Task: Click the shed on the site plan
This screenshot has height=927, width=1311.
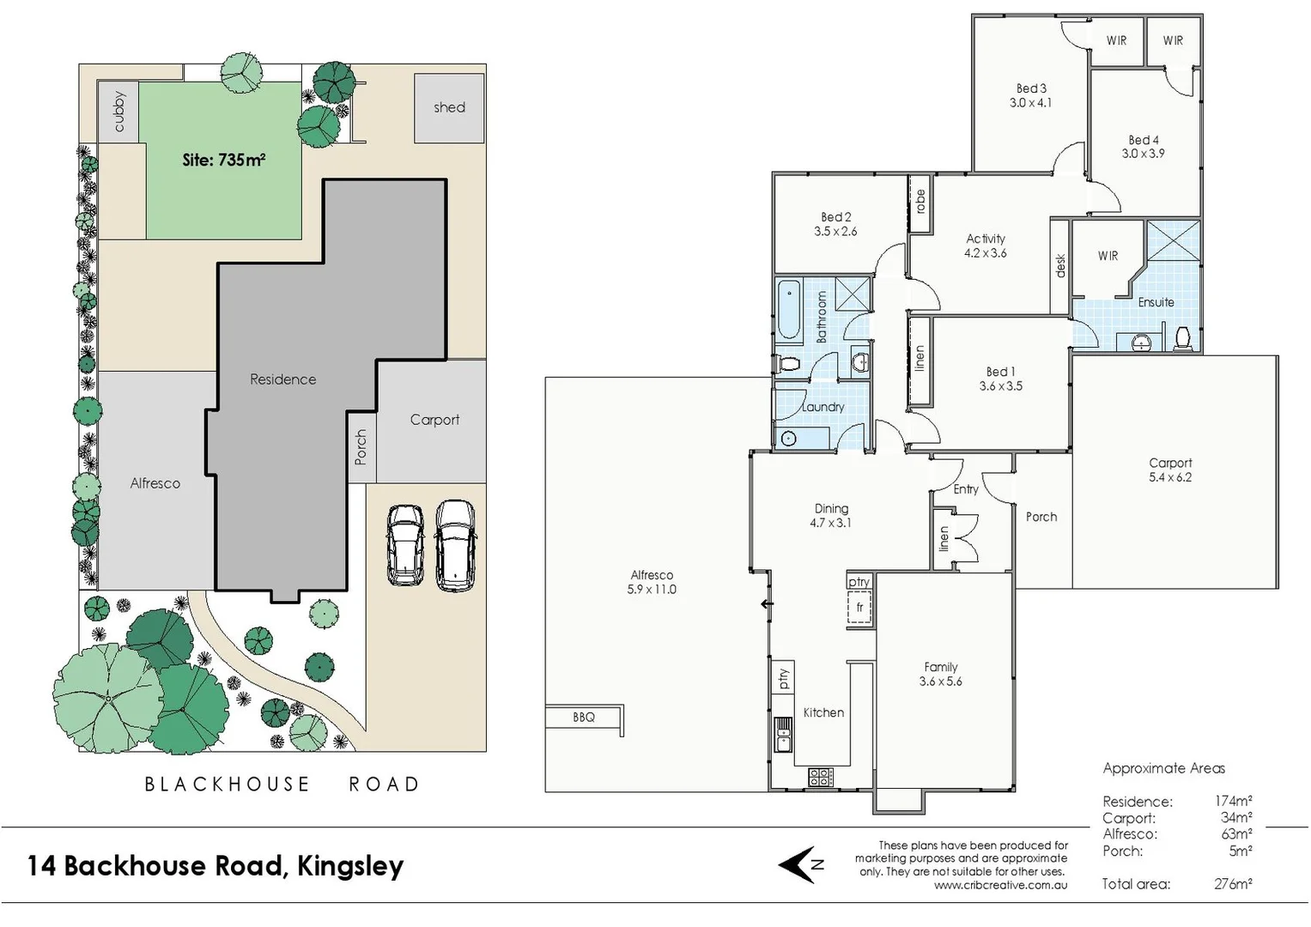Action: pyautogui.click(x=449, y=108)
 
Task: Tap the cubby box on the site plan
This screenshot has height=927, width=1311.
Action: pyautogui.click(x=118, y=111)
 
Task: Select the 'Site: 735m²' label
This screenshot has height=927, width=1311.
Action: pyautogui.click(x=223, y=160)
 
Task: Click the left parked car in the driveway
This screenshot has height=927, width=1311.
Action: pyautogui.click(x=404, y=545)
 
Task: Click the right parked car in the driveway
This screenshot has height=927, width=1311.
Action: pyautogui.click(x=455, y=545)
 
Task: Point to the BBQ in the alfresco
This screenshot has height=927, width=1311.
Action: pyautogui.click(x=584, y=717)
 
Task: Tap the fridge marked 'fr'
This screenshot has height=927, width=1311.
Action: pyautogui.click(x=859, y=608)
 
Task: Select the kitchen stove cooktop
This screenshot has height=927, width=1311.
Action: pyautogui.click(x=820, y=777)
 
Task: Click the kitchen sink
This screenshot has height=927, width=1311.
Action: pyautogui.click(x=782, y=735)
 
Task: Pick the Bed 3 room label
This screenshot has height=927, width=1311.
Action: pyautogui.click(x=1031, y=88)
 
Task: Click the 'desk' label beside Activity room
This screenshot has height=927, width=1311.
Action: pyautogui.click(x=1060, y=265)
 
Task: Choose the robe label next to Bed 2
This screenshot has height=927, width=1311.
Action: pyautogui.click(x=920, y=202)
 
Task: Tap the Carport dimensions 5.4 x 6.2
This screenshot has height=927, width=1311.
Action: pyautogui.click(x=1170, y=477)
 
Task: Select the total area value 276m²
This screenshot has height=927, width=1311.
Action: pyautogui.click(x=1233, y=883)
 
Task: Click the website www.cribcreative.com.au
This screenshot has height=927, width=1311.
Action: pyautogui.click(x=1000, y=885)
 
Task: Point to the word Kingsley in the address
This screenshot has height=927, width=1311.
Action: pyautogui.click(x=350, y=866)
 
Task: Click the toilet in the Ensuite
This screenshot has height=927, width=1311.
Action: pyautogui.click(x=1182, y=338)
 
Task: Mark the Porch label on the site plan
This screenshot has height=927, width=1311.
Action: pyautogui.click(x=361, y=447)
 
